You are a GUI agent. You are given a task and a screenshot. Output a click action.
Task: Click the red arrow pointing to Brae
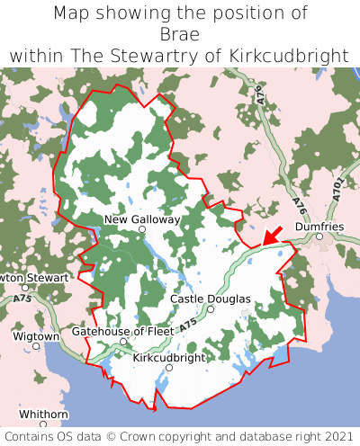274,235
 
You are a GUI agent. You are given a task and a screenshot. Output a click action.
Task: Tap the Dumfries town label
319,227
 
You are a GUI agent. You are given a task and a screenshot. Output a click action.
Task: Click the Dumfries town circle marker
319,236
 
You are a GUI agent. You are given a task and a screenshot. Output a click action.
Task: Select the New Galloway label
142,219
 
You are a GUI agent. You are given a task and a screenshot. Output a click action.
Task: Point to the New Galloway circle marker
141,230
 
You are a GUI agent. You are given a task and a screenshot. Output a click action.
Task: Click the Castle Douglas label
211,299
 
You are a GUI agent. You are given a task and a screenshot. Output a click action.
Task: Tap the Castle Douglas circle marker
211,309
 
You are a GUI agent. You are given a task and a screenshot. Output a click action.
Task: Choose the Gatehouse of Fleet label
122,331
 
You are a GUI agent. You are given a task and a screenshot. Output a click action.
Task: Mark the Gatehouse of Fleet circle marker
123,342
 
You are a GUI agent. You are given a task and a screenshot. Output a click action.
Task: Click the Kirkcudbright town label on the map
169,357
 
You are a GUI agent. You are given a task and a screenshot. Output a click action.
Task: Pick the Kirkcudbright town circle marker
169,368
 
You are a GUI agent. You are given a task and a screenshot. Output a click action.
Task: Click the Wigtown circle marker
36,345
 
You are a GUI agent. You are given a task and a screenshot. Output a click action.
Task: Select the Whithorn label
43,414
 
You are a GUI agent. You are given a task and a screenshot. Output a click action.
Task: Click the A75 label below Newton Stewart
23,298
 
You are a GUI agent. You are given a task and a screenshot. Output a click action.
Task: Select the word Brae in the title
180,34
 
